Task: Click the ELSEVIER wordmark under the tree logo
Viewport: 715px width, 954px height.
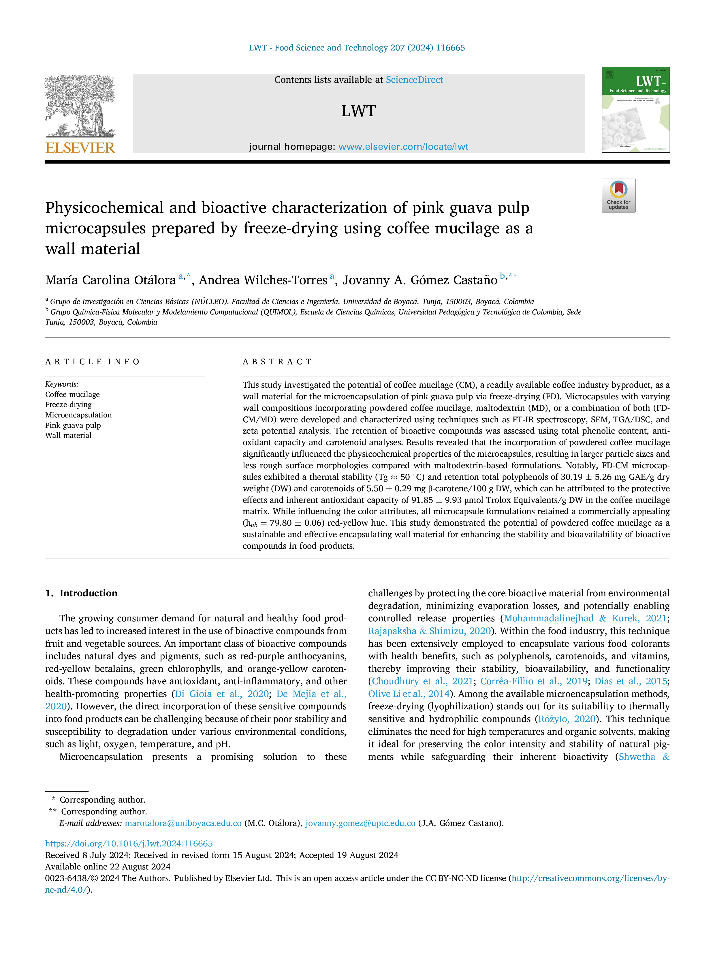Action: click(80, 148)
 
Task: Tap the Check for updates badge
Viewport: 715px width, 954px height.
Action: click(618, 195)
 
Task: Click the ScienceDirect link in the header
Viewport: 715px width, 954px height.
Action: click(414, 80)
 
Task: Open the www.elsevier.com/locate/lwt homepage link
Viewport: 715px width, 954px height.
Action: click(403, 147)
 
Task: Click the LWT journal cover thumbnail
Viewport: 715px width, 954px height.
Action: click(636, 110)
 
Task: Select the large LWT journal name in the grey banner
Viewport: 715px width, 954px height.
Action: click(359, 111)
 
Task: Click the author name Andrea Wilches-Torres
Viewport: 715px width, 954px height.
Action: click(263, 280)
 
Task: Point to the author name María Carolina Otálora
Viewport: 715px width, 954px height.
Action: click(110, 280)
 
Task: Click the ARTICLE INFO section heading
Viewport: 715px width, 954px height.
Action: click(92, 362)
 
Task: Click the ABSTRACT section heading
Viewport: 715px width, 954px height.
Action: click(277, 362)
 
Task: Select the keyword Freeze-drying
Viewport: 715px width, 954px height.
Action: click(69, 404)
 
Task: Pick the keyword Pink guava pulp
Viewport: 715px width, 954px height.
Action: click(73, 425)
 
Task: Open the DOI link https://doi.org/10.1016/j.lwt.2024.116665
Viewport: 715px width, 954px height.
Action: click(129, 844)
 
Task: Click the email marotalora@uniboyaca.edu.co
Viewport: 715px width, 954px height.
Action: click(183, 823)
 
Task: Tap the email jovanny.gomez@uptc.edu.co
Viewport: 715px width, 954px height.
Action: click(360, 823)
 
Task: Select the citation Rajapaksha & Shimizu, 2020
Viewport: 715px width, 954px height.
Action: click(430, 631)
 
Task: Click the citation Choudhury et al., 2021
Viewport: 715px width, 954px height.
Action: click(422, 681)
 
